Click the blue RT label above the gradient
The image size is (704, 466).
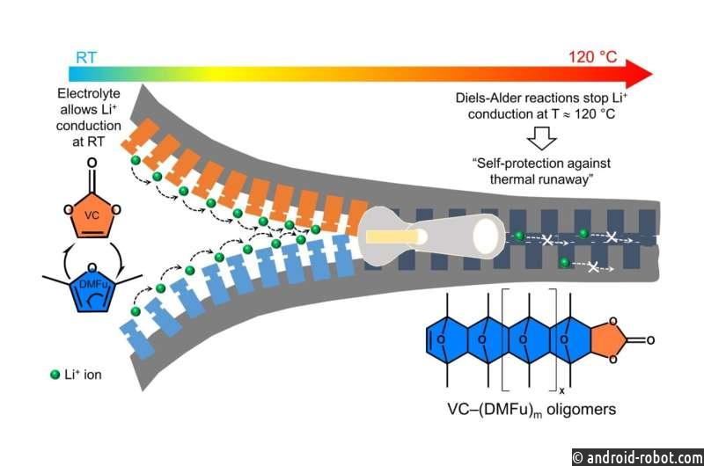(x=86, y=58)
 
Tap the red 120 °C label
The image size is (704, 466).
(x=592, y=57)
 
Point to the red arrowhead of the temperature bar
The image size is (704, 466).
(x=639, y=74)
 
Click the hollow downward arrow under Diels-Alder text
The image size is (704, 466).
(x=541, y=138)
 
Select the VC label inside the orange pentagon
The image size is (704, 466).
(x=92, y=215)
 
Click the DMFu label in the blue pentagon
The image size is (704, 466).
(x=92, y=284)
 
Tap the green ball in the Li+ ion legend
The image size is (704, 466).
(x=55, y=375)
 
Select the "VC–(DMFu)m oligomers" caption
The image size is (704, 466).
(x=532, y=410)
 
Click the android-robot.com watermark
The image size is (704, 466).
(x=638, y=457)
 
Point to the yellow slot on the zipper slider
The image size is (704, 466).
(x=392, y=237)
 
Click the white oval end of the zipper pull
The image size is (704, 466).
(x=486, y=237)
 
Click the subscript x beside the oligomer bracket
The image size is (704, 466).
(x=561, y=390)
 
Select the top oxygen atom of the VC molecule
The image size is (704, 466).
(x=92, y=163)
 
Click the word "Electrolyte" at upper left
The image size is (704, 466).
(x=89, y=94)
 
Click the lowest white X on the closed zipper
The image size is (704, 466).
(x=593, y=267)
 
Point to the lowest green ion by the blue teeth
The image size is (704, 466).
(x=136, y=311)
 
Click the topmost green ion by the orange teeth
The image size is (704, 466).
(x=136, y=160)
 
